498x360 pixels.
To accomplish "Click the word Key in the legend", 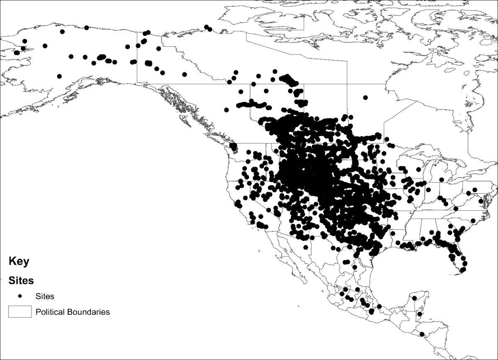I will (19, 262).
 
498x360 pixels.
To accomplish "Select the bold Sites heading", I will (21, 281).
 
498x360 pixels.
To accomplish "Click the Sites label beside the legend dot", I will (45, 297).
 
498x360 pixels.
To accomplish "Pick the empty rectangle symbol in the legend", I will (20, 311).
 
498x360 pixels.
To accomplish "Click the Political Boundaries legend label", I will (73, 312).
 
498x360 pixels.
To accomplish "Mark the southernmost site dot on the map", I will (422, 334).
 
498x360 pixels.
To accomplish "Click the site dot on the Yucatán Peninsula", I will (414, 298).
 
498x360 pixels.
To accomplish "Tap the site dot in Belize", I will (420, 314).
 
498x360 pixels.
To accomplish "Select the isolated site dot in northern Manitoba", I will (365, 98).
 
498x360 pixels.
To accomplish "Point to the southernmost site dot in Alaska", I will (59, 76).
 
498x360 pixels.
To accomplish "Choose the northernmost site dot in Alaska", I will (86, 28).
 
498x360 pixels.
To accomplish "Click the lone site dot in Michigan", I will (442, 180).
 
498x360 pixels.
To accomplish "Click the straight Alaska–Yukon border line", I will (138, 58).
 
